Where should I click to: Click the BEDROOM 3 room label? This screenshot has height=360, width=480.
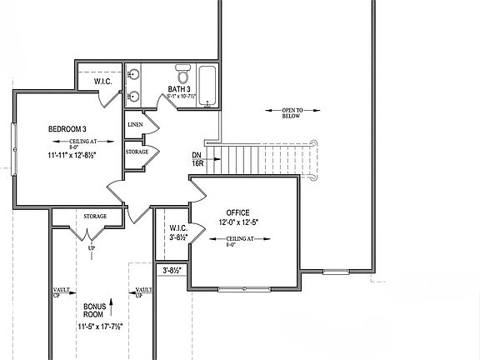67,129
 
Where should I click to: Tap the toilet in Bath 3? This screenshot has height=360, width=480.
183,73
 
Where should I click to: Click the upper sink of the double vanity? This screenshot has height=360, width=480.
133,74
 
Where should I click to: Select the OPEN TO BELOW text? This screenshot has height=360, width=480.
292,113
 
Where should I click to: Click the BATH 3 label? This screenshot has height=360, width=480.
179,88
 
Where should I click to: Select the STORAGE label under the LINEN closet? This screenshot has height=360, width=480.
137,152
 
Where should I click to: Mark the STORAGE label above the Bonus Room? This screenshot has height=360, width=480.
95,217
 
